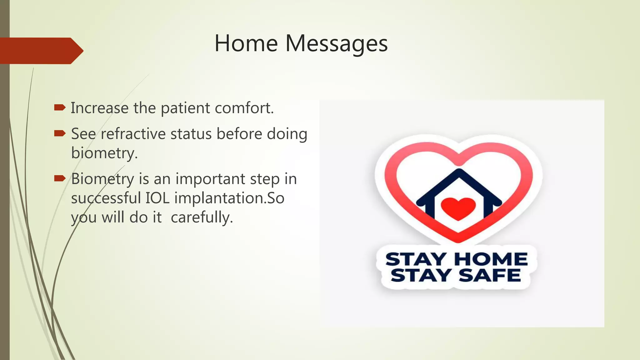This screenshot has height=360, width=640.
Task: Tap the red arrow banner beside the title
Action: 41,51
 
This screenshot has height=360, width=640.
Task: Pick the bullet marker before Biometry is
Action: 59,179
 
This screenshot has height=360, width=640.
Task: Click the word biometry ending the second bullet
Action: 104,153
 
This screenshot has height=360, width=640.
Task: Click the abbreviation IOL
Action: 157,198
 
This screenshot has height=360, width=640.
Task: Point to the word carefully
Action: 202,217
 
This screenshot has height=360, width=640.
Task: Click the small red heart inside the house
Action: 458,208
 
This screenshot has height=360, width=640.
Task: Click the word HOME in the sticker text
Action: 491,259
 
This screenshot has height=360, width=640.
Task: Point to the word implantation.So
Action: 229,198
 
